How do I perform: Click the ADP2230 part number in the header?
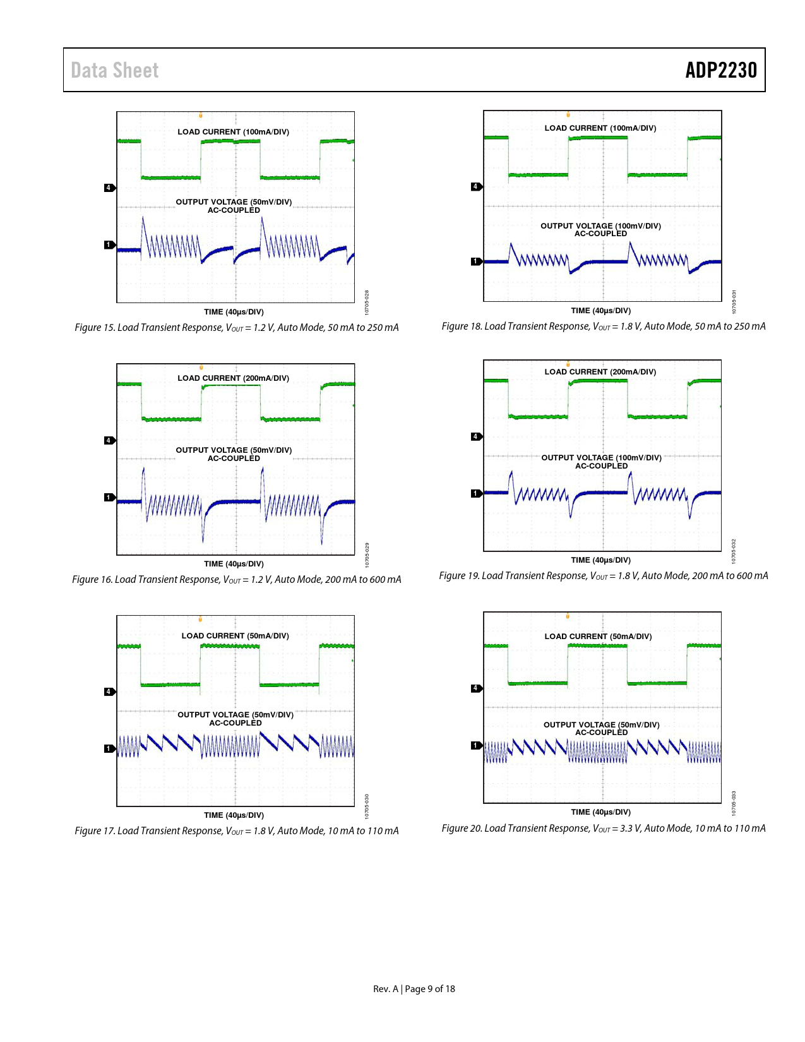[x=720, y=70]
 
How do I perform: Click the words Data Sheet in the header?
[x=115, y=70]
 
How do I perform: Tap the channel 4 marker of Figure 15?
[x=109, y=188]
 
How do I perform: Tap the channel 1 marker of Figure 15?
[x=109, y=244]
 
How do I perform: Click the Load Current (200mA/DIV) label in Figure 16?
[x=233, y=378]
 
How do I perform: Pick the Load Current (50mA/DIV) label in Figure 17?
[x=235, y=636]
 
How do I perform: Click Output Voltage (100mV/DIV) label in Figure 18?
[x=600, y=226]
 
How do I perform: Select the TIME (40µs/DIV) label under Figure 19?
[x=600, y=560]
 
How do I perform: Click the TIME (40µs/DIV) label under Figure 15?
[x=234, y=312]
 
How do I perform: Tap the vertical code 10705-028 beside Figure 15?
[x=367, y=301]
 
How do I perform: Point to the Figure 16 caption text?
[x=236, y=580]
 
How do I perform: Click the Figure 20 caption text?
[x=603, y=829]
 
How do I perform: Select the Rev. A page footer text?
[x=414, y=989]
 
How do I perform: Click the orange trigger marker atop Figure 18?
[x=568, y=114]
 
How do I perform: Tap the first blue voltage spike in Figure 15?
[x=143, y=221]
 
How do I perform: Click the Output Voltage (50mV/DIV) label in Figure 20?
[x=601, y=725]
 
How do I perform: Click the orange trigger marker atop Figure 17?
[x=201, y=619]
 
